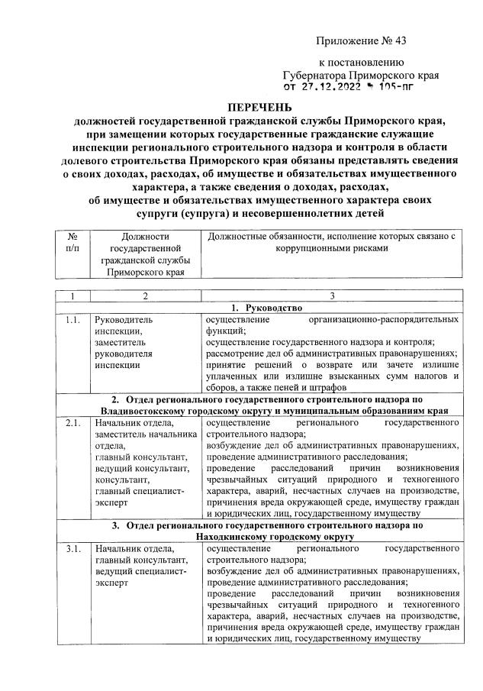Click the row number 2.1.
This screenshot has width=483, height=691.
click(x=73, y=422)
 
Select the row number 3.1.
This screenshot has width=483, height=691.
click(x=73, y=549)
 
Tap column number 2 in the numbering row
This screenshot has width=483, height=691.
click(x=144, y=295)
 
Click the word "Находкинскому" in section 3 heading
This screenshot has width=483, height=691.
click(x=228, y=537)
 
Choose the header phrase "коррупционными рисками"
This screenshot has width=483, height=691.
click(x=331, y=249)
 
